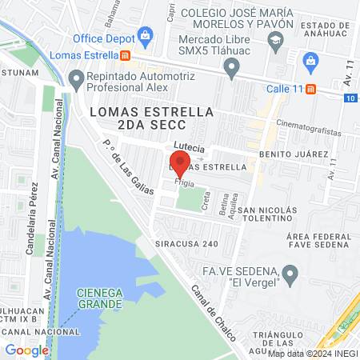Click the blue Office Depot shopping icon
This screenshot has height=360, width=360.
(x=145, y=34)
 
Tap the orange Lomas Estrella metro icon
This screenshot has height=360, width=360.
(x=126, y=56)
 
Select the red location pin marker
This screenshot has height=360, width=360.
(x=179, y=166)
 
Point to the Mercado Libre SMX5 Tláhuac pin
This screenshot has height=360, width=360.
(x=233, y=70)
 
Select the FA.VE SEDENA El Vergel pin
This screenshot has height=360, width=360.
(x=291, y=276)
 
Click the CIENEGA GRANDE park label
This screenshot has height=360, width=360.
(x=100, y=298)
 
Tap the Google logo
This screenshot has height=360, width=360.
(x=26, y=350)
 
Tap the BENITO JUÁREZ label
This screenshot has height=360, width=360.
(x=294, y=153)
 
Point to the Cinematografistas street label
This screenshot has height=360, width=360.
(x=308, y=129)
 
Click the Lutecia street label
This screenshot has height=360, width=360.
(x=189, y=149)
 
